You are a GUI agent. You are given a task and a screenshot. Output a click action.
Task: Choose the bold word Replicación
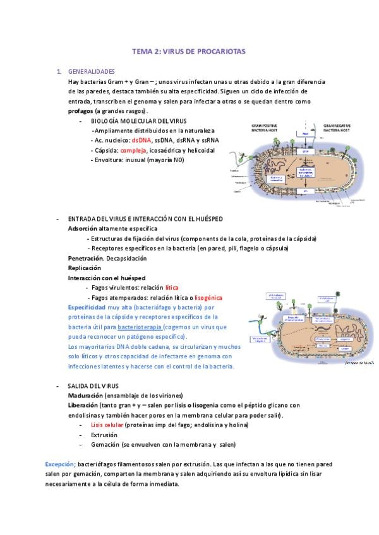(85, 268)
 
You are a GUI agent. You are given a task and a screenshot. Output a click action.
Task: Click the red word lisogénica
(208, 297)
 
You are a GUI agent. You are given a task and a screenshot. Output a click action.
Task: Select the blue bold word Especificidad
(87, 307)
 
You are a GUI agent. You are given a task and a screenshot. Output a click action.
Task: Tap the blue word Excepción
(60, 464)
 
